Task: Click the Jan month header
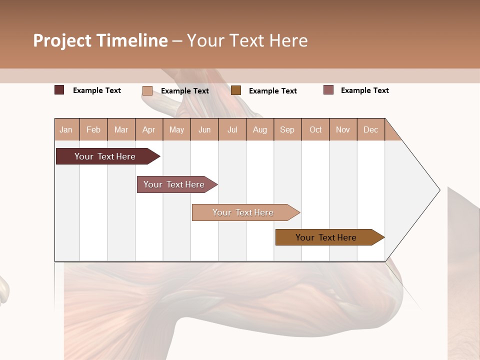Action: click(x=66, y=129)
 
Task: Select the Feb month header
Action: click(x=93, y=129)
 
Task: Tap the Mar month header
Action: click(x=121, y=129)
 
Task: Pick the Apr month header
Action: click(x=148, y=129)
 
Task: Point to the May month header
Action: click(x=176, y=129)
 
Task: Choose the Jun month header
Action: click(x=204, y=129)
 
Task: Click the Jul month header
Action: click(x=232, y=129)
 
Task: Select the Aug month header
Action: click(x=260, y=129)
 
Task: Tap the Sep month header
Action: click(x=287, y=129)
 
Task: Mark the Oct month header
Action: click(x=315, y=129)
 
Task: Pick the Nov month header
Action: click(x=343, y=129)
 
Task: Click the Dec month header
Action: click(x=370, y=129)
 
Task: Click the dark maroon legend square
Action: click(x=59, y=90)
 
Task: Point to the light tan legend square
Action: click(x=147, y=90)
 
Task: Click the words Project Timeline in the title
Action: click(x=100, y=40)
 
